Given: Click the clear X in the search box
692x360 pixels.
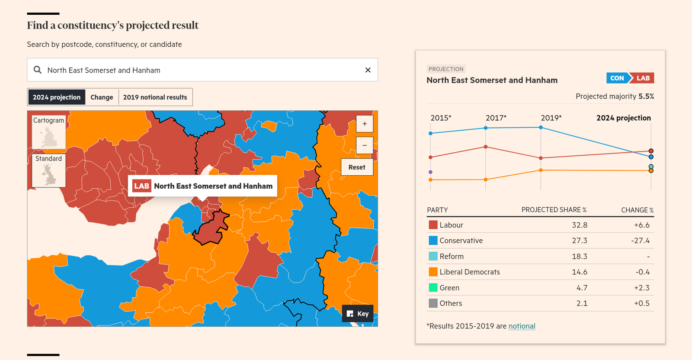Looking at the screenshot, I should point(368,70).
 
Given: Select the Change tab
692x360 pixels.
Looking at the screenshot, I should point(102,97).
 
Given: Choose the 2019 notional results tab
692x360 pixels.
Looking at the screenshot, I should point(155,97).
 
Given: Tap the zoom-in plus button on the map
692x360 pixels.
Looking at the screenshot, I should point(365,124).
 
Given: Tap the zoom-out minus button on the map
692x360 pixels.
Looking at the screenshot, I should point(365,145).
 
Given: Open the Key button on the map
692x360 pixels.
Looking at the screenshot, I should point(358,314).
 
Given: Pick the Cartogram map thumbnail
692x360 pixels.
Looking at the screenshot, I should point(49,132).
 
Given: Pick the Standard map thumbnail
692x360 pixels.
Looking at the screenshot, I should point(49,170).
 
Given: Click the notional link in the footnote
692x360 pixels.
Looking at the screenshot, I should point(522,326).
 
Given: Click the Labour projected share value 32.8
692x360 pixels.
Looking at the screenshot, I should point(580,225).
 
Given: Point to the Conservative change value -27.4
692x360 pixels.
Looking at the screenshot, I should point(640,241).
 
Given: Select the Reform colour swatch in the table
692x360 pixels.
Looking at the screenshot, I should point(433,256).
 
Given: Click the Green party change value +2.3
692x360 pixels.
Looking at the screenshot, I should point(642,288).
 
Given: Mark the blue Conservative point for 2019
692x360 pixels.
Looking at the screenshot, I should point(541,128).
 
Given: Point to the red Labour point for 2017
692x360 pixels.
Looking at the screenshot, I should point(486,147).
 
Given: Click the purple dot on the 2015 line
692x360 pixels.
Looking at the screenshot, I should point(430,172).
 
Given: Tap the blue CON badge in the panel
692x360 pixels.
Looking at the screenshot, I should point(617,78).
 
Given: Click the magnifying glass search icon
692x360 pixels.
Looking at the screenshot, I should point(38,70).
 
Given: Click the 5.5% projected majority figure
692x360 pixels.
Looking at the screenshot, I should point(646,96).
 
